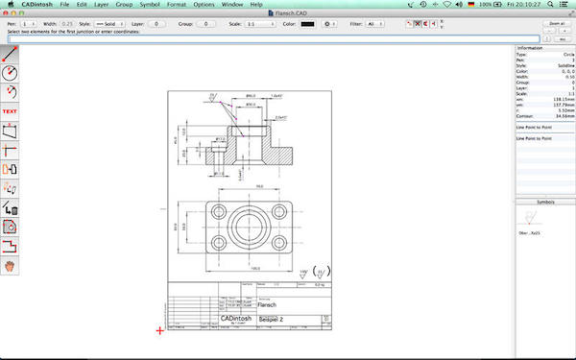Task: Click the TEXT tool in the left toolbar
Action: point(11,111)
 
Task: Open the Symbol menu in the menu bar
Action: point(150,6)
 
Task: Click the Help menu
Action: point(256,6)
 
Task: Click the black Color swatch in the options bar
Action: point(307,23)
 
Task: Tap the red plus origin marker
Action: point(160,330)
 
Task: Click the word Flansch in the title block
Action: point(255,304)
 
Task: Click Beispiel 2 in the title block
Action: point(264,318)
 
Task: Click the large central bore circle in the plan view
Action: point(250,228)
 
